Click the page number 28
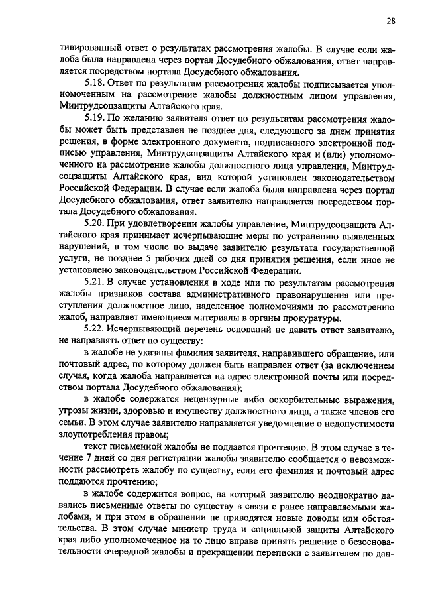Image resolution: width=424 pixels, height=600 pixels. tap(391, 21)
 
